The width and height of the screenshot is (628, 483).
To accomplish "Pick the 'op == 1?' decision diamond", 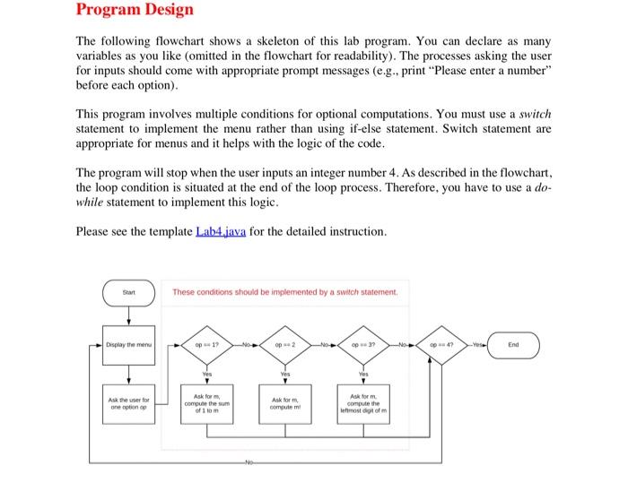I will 207,343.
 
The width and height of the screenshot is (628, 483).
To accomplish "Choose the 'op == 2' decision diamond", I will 286,343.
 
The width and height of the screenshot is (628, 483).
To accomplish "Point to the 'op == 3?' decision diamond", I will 364,343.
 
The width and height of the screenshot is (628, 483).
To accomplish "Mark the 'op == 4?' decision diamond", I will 443,343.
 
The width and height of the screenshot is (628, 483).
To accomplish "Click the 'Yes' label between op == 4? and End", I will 477,343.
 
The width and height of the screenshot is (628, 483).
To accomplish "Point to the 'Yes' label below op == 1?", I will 207,375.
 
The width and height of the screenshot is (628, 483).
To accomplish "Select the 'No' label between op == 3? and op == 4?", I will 404,343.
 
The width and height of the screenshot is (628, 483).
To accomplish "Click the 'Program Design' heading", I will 134,11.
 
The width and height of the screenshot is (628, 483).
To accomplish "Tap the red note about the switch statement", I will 285,291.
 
